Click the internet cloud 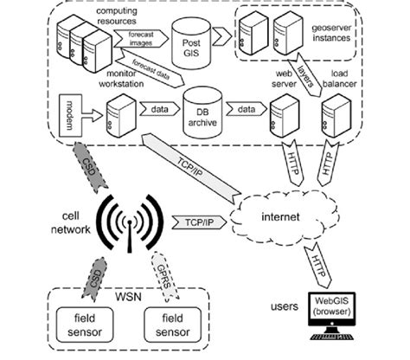click(279, 215)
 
